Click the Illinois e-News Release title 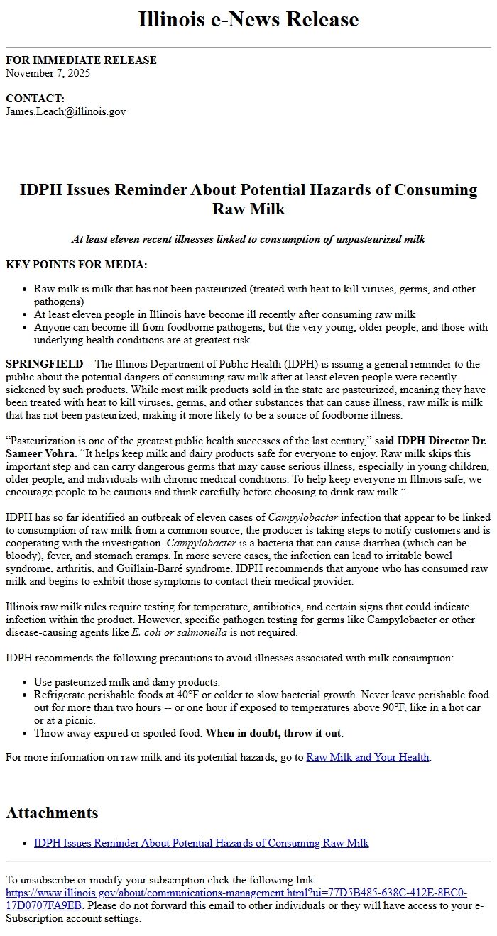pos(248,19)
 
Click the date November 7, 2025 pos(48,72)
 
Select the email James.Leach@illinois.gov pos(65,111)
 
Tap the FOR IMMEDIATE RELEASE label pos(81,60)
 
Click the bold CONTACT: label pos(35,99)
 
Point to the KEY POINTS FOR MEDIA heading pos(77,265)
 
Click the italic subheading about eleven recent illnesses pos(248,239)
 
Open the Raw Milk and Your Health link pos(367,757)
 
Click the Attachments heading pos(52,813)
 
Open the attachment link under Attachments pos(201,843)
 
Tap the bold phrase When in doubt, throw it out pos(273,733)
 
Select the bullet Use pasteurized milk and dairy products pos(126,682)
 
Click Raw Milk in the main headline pos(248,209)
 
